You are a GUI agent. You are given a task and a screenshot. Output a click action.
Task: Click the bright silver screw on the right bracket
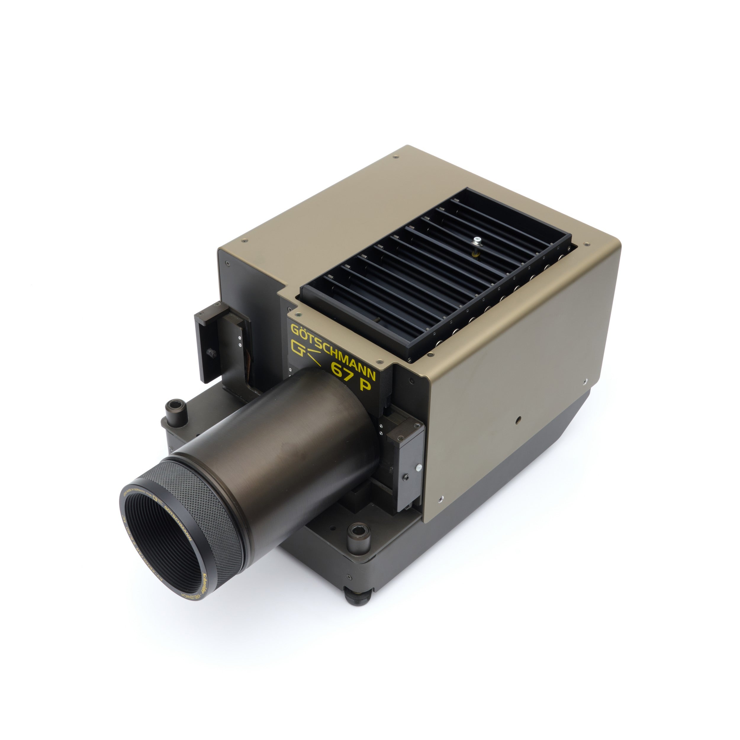click(x=419, y=468)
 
